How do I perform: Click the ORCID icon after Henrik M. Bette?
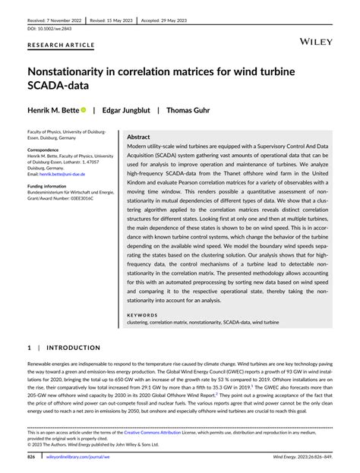point(84,109)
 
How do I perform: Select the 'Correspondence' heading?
point(48,150)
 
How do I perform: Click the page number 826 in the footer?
point(31,458)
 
